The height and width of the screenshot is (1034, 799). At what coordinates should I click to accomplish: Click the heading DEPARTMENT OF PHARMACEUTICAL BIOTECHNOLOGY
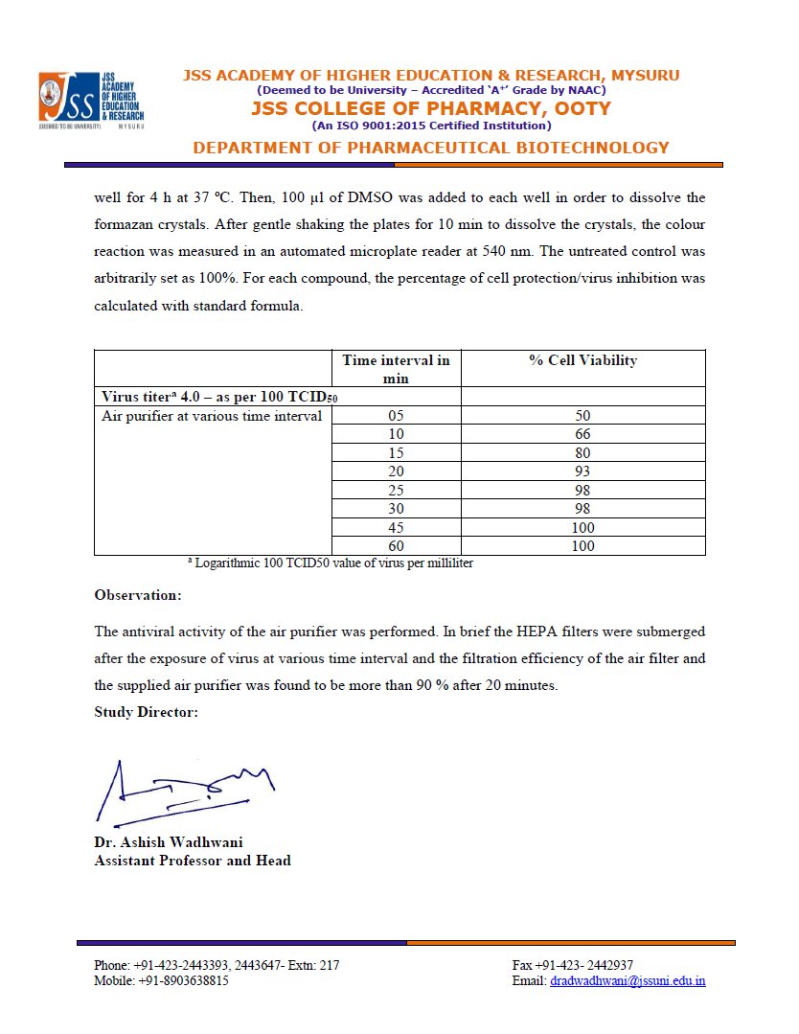pyautogui.click(x=430, y=148)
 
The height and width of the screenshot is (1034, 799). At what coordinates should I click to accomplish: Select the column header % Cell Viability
pyautogui.click(x=582, y=360)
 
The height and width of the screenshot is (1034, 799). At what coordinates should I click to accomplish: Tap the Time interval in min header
pyautogui.click(x=396, y=369)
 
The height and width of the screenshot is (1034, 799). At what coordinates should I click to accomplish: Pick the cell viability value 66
pyautogui.click(x=582, y=434)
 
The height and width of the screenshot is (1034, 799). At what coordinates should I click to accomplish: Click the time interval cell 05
pyautogui.click(x=396, y=416)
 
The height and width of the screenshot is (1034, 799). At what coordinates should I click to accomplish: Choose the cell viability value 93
pyautogui.click(x=582, y=471)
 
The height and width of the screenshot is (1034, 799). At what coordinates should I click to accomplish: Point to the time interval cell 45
pyautogui.click(x=396, y=527)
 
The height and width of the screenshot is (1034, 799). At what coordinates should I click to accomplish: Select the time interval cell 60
pyautogui.click(x=396, y=546)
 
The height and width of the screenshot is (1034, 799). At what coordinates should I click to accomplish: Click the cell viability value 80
pyautogui.click(x=582, y=453)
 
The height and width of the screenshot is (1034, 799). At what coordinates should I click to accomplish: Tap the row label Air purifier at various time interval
pyautogui.click(x=212, y=416)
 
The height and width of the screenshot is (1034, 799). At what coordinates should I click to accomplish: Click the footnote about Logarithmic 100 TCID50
pyautogui.click(x=331, y=563)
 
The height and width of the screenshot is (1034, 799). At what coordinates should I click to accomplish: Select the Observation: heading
pyautogui.click(x=137, y=595)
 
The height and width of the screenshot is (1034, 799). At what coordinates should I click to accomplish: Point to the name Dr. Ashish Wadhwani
pyautogui.click(x=168, y=842)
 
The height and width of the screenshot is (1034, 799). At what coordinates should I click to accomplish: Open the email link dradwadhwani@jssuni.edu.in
pyautogui.click(x=628, y=981)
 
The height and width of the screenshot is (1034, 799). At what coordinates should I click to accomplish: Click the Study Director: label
pyautogui.click(x=146, y=712)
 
